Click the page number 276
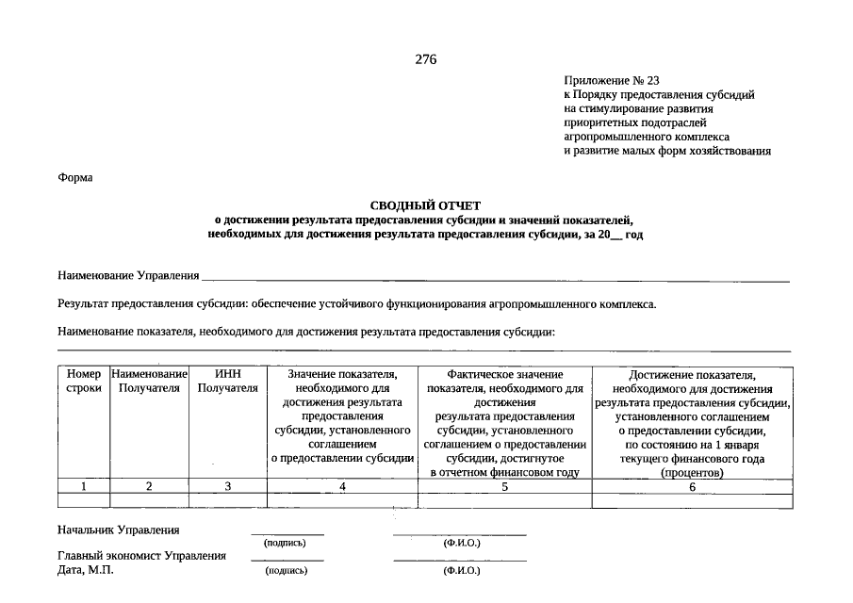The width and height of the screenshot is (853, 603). pyautogui.click(x=426, y=60)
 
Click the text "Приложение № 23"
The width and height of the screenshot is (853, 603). pyautogui.click(x=612, y=80)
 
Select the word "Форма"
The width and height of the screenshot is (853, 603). pyautogui.click(x=75, y=178)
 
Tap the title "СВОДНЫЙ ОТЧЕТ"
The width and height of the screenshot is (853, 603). pyautogui.click(x=425, y=204)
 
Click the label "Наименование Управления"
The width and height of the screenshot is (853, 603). pyautogui.click(x=128, y=275)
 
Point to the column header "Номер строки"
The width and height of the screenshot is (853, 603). pyautogui.click(x=84, y=382)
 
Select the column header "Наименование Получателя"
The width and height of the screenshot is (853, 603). pyautogui.click(x=149, y=382)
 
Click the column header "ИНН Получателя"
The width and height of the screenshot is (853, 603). pyautogui.click(x=227, y=382)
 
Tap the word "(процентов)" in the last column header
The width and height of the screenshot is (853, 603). pyautogui.click(x=692, y=473)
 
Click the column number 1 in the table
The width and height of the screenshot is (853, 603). pyautogui.click(x=84, y=487)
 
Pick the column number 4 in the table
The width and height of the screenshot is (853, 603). pyautogui.click(x=342, y=487)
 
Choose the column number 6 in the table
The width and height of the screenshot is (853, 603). pyautogui.click(x=692, y=487)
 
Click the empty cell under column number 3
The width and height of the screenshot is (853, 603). pyautogui.click(x=227, y=500)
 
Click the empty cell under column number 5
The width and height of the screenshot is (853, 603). pyautogui.click(x=504, y=500)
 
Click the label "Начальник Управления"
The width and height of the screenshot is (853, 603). pyautogui.click(x=119, y=530)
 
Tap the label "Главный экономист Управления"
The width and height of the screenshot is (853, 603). pyautogui.click(x=141, y=556)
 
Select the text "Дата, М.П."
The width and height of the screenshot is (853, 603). pyautogui.click(x=86, y=570)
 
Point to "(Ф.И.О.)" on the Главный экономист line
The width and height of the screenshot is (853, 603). pyautogui.click(x=461, y=571)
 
